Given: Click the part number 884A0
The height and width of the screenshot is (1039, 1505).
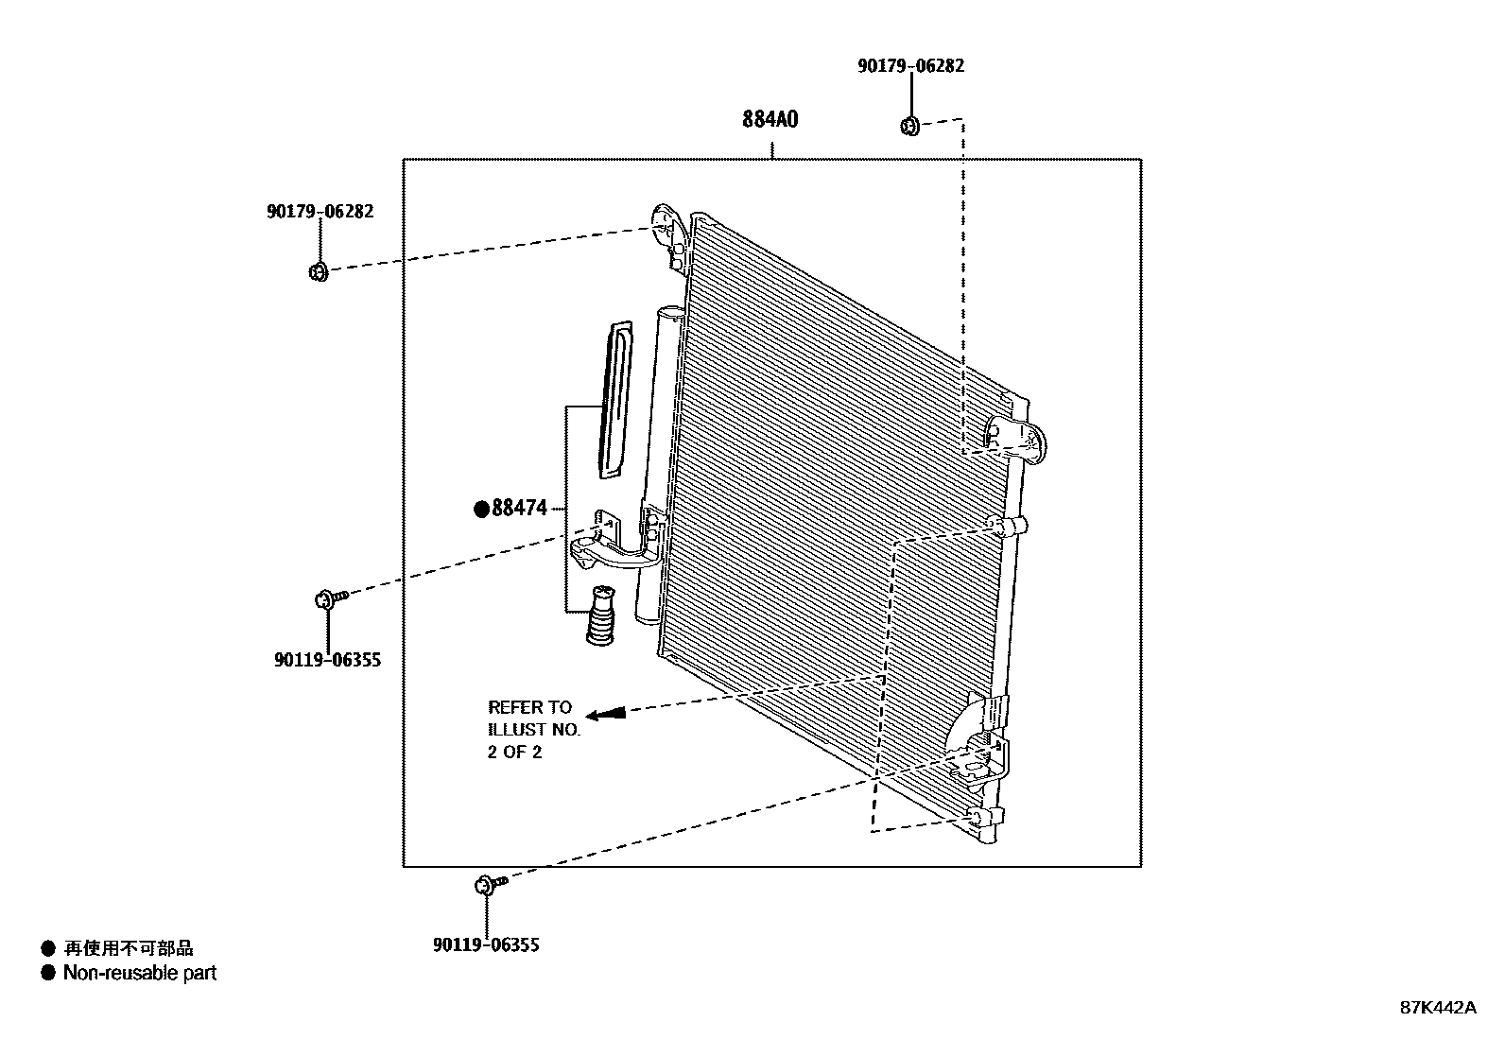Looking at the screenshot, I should click(770, 120).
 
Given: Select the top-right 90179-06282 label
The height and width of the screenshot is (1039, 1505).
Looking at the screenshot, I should click(910, 66).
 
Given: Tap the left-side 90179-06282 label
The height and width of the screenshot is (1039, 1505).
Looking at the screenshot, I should click(320, 211).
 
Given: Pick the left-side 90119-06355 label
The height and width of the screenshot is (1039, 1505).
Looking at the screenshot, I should click(327, 660).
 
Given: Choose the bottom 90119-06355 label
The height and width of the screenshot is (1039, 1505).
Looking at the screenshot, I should click(486, 944).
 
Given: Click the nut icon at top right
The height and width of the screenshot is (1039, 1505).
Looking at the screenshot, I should click(909, 125).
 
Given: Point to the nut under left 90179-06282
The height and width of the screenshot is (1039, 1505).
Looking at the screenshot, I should click(318, 272).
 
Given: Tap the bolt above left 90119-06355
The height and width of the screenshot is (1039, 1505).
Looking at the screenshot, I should click(331, 597).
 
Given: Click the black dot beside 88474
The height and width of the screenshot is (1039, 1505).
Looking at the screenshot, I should click(481, 510).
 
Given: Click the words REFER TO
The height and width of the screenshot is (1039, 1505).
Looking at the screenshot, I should click(529, 707).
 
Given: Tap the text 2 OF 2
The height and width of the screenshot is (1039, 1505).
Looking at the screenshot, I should click(514, 753).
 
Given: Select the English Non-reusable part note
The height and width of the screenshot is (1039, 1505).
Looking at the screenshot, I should click(139, 973).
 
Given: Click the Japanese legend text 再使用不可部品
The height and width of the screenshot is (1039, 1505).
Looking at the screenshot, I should click(128, 948).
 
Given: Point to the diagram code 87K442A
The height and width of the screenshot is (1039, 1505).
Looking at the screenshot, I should click(1437, 1008).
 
